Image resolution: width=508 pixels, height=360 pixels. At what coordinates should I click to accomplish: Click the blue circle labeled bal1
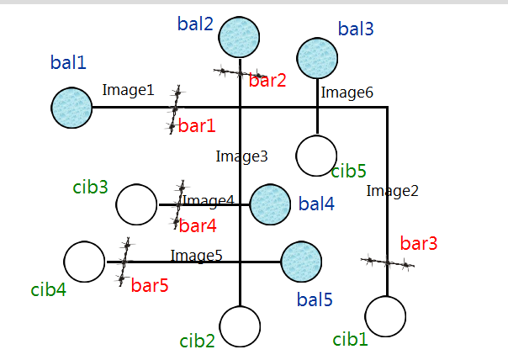coord(71,108)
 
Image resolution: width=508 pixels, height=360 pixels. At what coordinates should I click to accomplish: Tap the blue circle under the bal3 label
coord(317,58)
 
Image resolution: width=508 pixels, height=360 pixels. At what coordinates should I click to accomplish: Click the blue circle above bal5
coord(301,262)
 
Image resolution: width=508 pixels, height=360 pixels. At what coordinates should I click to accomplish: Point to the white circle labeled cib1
coord(387,318)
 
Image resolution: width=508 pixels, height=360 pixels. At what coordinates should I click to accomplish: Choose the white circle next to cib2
coord(241,326)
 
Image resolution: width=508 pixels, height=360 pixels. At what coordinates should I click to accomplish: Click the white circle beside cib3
coord(136,204)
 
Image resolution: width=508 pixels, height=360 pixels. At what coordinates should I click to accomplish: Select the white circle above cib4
coord(85,262)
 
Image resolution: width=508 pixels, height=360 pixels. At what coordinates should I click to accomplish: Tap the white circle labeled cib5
coord(317,156)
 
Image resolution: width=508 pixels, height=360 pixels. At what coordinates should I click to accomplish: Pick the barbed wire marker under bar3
coord(387,263)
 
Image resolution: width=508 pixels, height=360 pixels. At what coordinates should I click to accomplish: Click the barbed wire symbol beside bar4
coord(180,204)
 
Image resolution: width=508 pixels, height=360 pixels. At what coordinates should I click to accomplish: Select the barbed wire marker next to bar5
coord(125,262)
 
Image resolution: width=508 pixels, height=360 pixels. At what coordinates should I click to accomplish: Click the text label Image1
coord(128,89)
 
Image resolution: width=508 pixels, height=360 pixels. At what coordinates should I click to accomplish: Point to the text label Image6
coord(347,93)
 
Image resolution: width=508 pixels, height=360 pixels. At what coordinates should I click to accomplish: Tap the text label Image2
coord(392,191)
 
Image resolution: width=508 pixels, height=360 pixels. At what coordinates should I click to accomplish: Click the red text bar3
coord(419,244)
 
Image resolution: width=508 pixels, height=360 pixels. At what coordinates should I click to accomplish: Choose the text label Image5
coord(196,255)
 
